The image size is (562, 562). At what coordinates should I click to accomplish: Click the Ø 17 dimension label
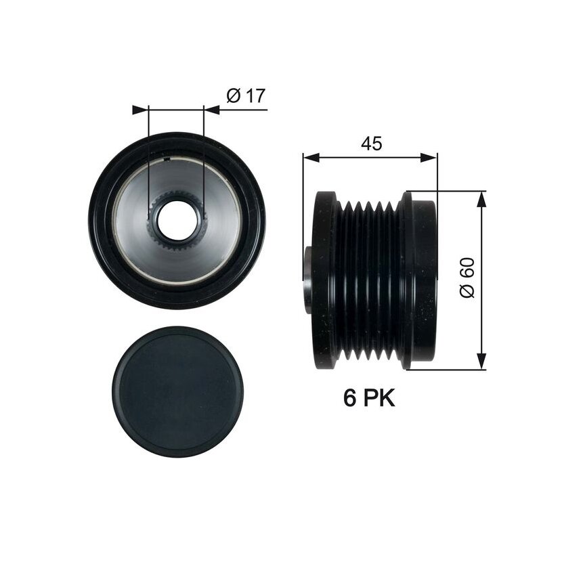[246, 95]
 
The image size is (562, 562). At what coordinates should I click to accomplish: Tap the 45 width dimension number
[371, 144]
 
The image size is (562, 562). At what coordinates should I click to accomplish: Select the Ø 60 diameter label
[467, 278]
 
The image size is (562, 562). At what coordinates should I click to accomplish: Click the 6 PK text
[369, 397]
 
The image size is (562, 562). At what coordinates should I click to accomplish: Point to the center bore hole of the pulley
[177, 221]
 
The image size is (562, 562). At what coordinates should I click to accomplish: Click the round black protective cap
[178, 392]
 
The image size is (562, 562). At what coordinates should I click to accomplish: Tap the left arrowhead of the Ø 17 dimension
[140, 110]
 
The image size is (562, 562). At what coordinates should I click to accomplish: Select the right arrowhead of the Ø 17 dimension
[211, 110]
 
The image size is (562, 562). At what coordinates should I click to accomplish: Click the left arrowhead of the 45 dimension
[311, 157]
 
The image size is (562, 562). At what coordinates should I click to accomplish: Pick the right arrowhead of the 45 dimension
[429, 157]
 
